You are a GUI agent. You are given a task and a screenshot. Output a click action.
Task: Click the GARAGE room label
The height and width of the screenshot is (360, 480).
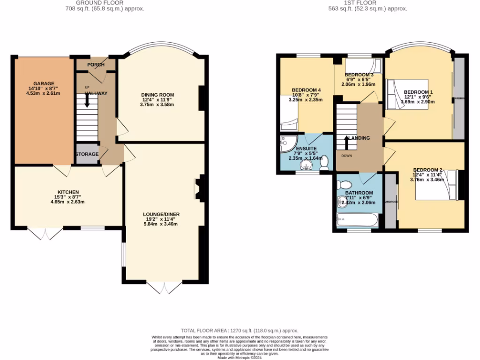coord(44,83)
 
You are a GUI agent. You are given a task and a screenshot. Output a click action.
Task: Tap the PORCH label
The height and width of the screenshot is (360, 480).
coord(96,65)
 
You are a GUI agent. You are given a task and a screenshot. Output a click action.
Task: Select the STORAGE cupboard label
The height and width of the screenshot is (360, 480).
coord(87,154)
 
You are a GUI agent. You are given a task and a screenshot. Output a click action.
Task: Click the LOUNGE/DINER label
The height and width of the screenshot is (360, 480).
coord(161,214)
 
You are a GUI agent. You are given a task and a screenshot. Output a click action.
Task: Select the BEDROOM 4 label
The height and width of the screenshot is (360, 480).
coord(307,90)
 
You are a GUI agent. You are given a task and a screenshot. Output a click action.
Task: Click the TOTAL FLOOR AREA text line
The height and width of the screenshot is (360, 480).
coord(240,330)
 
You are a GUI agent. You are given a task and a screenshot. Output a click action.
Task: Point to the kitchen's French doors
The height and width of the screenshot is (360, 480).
coord(45,233)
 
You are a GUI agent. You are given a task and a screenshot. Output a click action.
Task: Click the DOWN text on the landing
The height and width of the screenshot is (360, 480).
coord(347,156)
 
